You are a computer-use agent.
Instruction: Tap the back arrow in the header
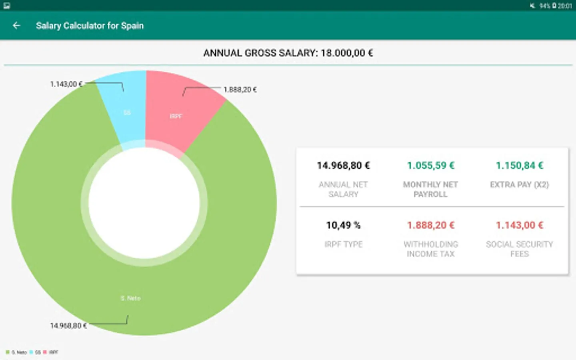(x=16, y=26)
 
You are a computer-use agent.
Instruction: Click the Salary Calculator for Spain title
(x=90, y=26)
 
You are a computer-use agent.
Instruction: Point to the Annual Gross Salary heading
(x=288, y=53)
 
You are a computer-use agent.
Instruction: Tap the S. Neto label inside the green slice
(x=130, y=298)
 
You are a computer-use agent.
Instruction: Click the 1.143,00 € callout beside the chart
(x=66, y=84)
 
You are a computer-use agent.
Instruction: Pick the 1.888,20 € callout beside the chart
(x=240, y=90)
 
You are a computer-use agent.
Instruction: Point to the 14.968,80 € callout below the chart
(x=68, y=326)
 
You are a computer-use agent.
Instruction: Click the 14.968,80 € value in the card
(x=343, y=166)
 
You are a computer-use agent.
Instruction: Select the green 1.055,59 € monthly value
(x=430, y=166)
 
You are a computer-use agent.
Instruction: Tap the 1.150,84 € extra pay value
(x=519, y=166)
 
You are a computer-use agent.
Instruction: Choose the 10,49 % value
(x=343, y=225)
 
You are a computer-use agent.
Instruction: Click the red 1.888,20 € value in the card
(x=430, y=225)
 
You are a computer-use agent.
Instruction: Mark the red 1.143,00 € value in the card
(x=519, y=225)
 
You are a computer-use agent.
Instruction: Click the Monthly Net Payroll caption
(x=430, y=189)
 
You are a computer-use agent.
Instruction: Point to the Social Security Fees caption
(x=519, y=249)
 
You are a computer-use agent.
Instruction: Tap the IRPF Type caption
(x=343, y=244)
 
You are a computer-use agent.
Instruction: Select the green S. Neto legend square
(x=8, y=352)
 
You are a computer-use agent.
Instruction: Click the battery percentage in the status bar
(x=545, y=6)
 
